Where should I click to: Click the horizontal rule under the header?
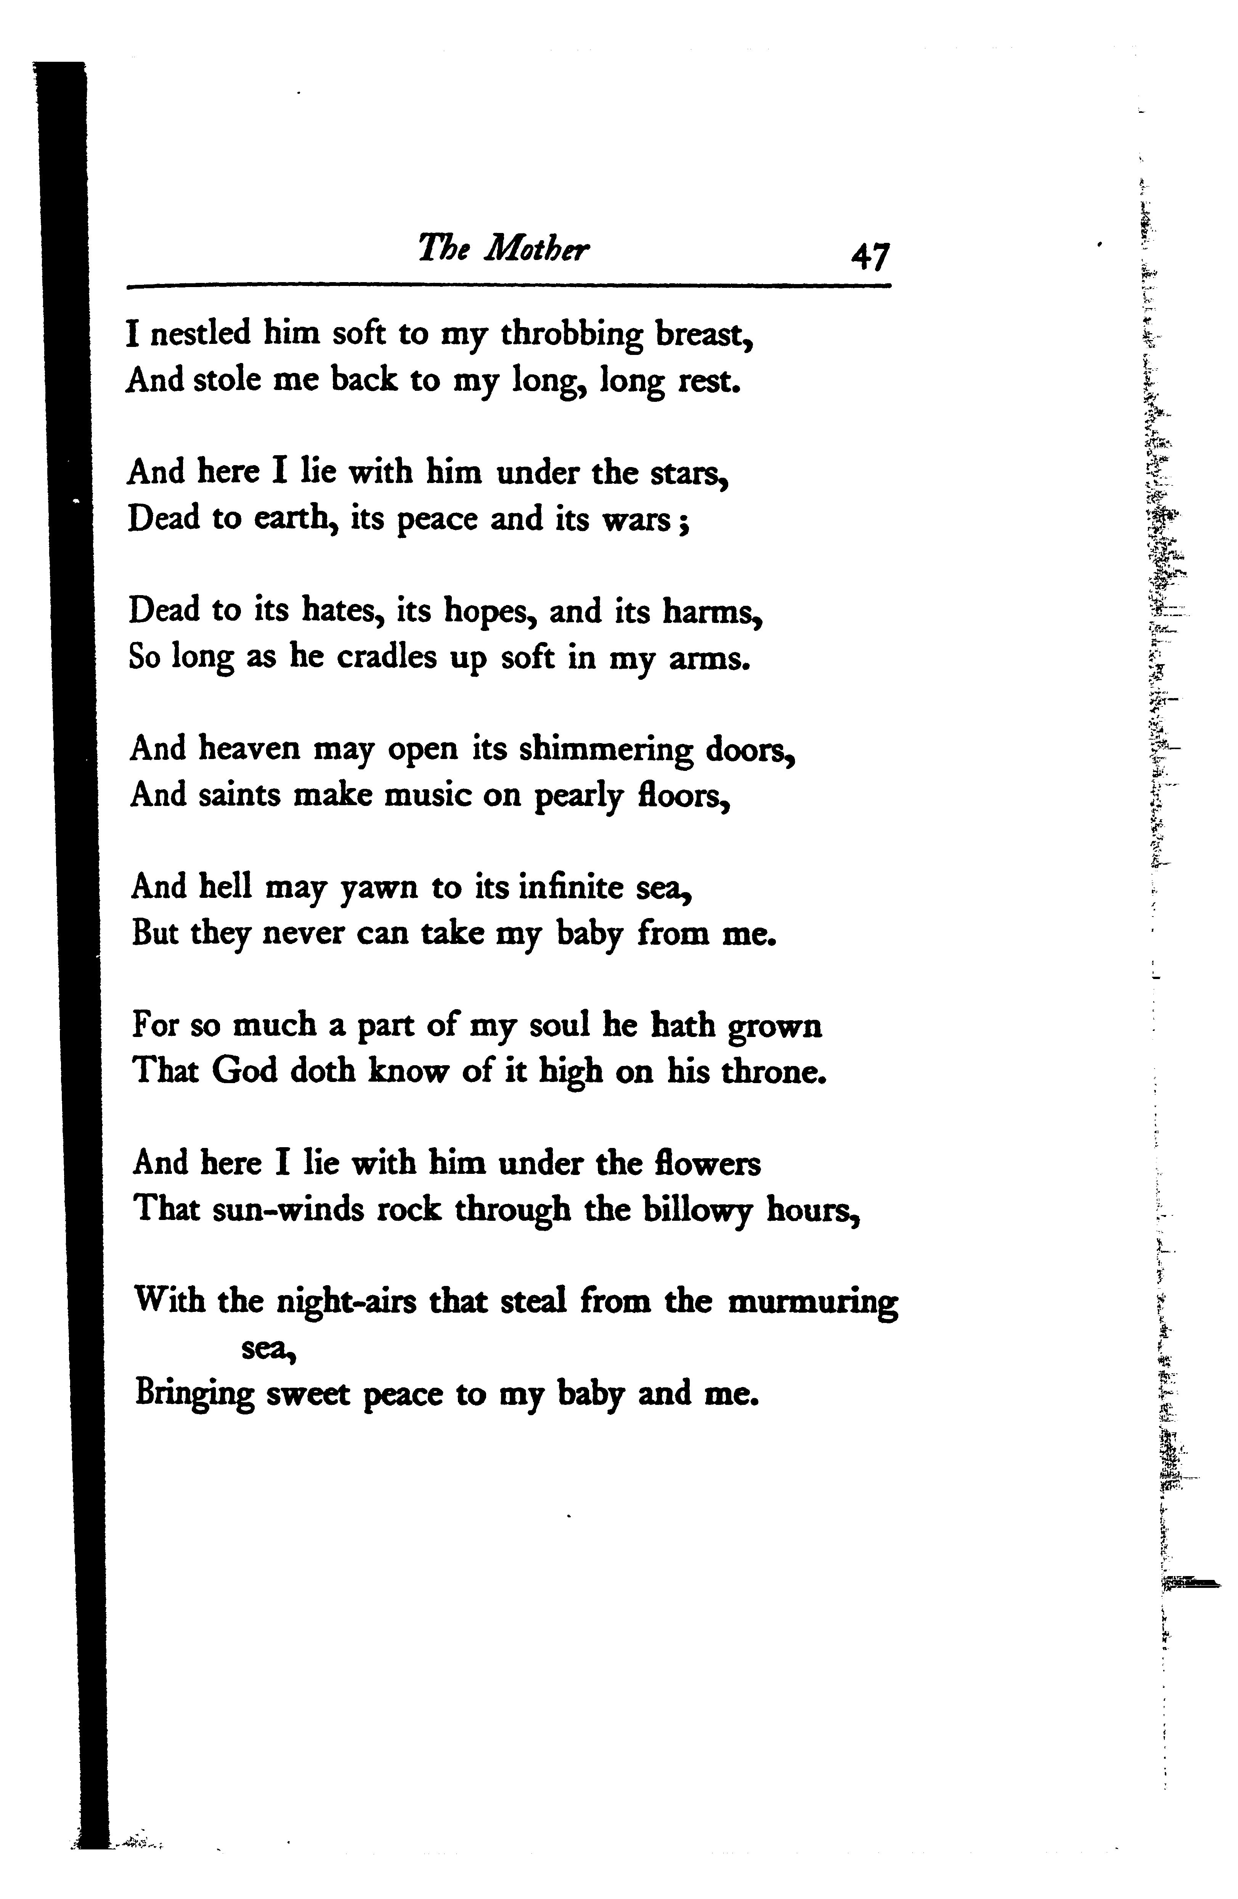(509, 286)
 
